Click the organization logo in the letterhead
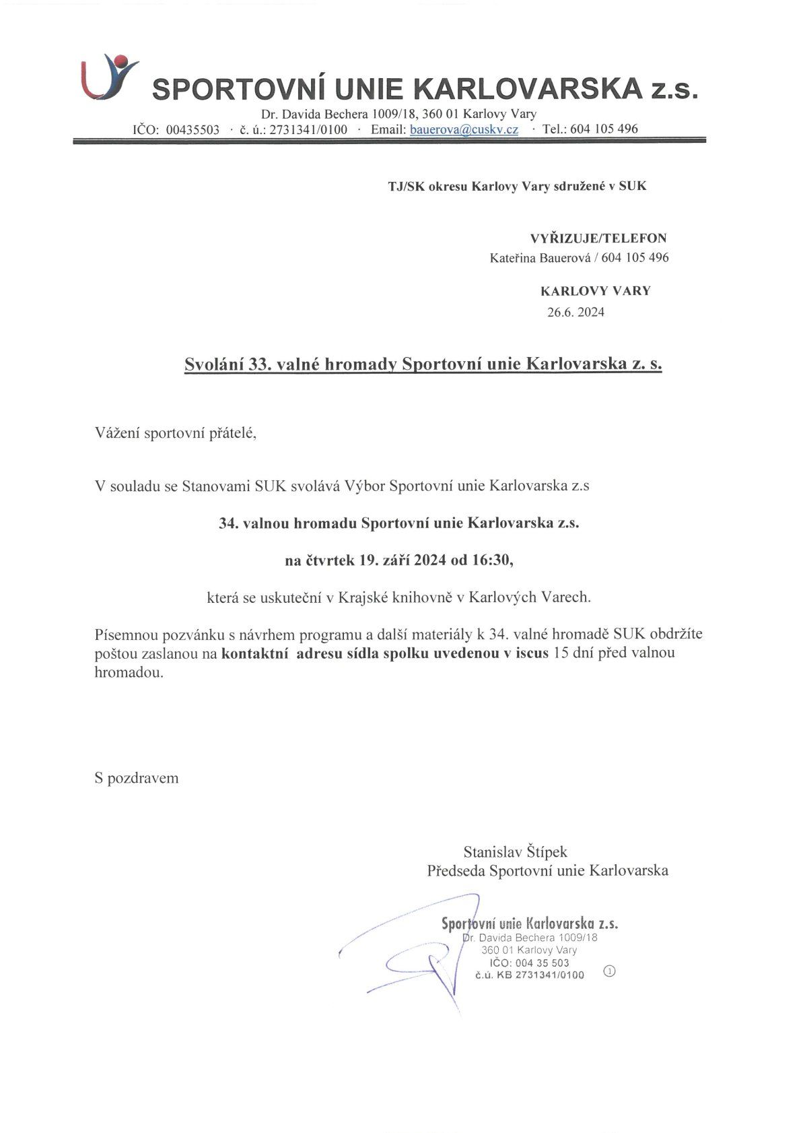pyautogui.click(x=109, y=76)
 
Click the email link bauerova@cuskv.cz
pyautogui.click(x=464, y=129)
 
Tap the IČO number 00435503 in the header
pyautogui.click(x=193, y=129)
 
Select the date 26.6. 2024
pyautogui.click(x=576, y=312)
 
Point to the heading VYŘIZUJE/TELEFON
pyautogui.click(x=598, y=238)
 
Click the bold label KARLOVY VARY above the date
pyautogui.click(x=595, y=291)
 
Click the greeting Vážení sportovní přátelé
pyautogui.click(x=176, y=433)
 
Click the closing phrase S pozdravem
pyautogui.click(x=137, y=778)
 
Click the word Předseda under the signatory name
pyautogui.click(x=456, y=870)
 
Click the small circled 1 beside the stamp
pyautogui.click(x=610, y=971)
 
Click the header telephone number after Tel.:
pyautogui.click(x=604, y=129)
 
